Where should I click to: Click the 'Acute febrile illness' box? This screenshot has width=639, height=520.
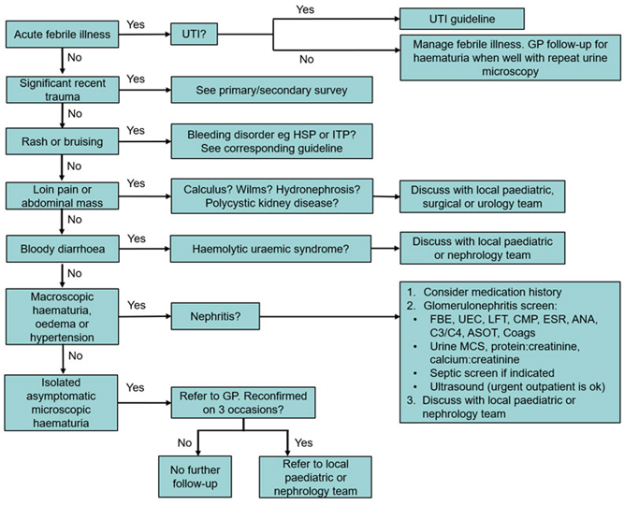coord(61,35)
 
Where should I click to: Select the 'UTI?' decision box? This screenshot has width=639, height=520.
coord(193,35)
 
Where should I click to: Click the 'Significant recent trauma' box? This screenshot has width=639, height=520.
coord(61,90)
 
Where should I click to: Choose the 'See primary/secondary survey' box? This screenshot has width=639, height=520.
coord(270,90)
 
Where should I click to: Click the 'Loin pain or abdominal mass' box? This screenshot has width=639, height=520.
coord(61,195)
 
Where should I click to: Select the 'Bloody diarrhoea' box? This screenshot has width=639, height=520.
coord(61,251)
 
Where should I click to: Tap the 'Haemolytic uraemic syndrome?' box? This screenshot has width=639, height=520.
coord(270,251)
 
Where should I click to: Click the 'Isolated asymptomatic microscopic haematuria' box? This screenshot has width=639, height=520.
coord(61,403)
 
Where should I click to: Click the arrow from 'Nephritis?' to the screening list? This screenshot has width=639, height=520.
coord(327,317)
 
